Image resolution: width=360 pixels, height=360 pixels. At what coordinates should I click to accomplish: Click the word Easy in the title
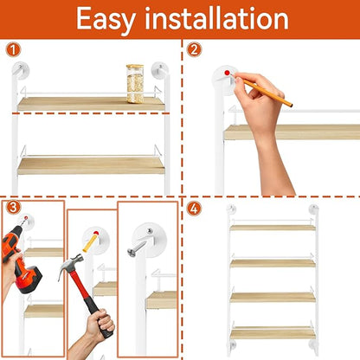point(106,20)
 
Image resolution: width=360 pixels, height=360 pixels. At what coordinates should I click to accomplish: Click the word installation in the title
point(217,18)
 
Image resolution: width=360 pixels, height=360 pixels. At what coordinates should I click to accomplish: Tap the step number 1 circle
point(13,50)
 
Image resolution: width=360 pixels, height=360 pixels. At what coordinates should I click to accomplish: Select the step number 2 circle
point(194,50)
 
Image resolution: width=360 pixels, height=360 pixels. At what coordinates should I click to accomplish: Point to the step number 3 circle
point(13,208)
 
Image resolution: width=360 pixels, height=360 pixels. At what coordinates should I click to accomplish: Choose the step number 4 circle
point(194,209)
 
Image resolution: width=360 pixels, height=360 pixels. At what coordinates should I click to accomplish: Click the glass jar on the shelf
point(135,84)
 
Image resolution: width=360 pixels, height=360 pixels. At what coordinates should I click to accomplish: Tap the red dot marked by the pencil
point(227,73)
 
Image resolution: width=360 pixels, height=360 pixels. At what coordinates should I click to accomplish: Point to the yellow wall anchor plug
point(90,243)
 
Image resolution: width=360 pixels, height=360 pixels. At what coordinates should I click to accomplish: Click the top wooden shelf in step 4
point(273,228)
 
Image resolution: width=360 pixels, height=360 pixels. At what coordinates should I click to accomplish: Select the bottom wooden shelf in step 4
point(273,333)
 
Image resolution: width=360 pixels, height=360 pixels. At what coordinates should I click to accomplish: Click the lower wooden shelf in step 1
point(91,166)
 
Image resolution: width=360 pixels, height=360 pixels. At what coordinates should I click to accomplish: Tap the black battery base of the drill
point(29,279)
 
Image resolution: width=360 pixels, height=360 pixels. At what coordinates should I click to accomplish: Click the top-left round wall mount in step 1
point(21,70)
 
